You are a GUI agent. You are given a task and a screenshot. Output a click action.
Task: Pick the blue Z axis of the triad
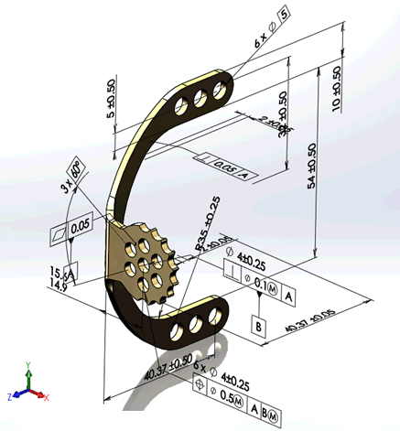pos(16,395)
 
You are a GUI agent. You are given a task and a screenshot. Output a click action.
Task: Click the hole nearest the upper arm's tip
pos(220,89)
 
